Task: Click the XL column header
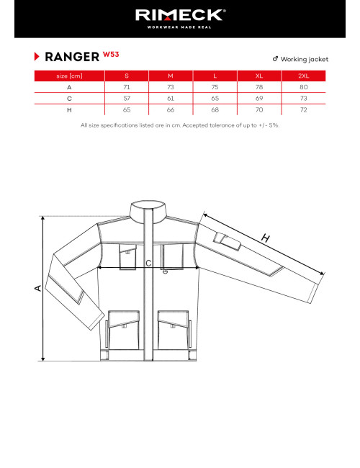point(259,76)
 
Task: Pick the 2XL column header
point(304,76)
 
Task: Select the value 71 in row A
point(127,86)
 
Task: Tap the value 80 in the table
point(304,86)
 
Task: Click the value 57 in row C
point(127,98)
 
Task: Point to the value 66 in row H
point(171,109)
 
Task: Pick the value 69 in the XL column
point(259,98)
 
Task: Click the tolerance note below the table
point(180,125)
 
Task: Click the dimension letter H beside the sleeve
point(266,239)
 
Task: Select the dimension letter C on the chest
point(148,264)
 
